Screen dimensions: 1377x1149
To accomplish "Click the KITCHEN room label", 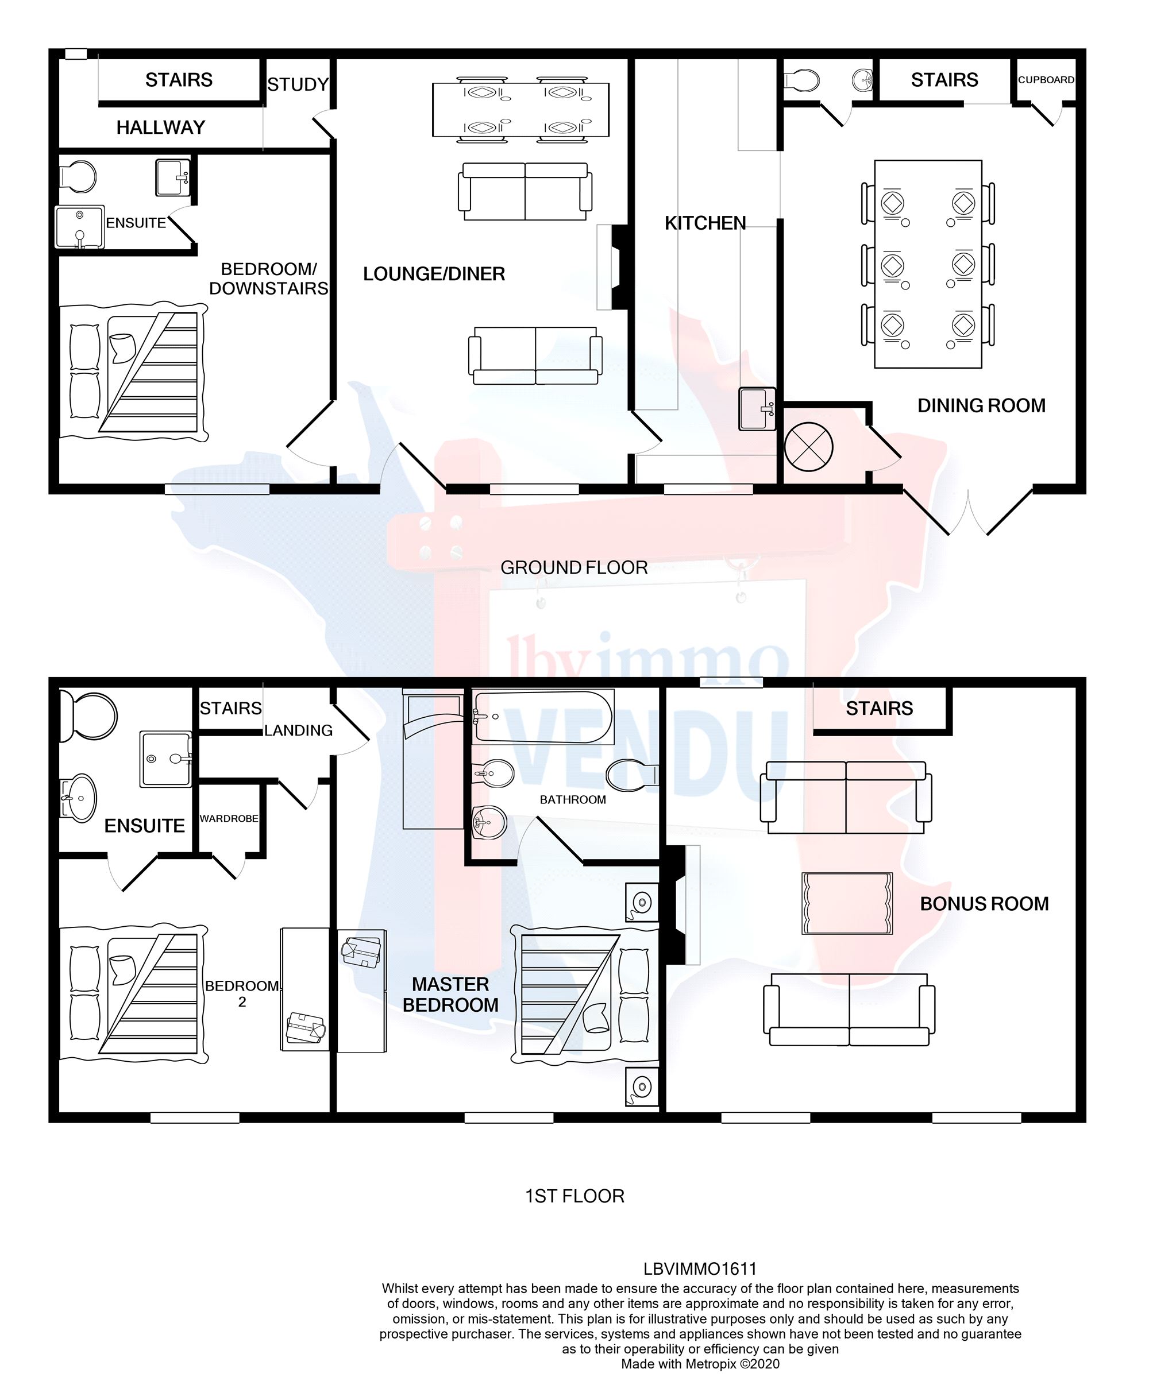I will [705, 223].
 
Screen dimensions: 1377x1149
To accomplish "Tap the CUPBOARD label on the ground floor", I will [1046, 80].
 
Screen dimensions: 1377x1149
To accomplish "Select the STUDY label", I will [297, 84].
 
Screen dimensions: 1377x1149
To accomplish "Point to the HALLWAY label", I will [161, 127].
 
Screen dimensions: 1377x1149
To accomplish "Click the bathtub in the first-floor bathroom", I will [543, 717].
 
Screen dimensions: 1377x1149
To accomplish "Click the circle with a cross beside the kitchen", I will [808, 447].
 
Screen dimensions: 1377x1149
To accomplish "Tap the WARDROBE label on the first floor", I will [229, 818].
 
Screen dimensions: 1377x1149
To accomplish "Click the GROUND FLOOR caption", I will [573, 567].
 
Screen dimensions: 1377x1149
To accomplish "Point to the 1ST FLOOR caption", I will [574, 1196].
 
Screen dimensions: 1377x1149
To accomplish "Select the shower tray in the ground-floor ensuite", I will [79, 227].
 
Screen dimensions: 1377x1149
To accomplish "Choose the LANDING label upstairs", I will [298, 730].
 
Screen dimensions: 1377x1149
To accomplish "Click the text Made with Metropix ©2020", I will [700, 1364].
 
